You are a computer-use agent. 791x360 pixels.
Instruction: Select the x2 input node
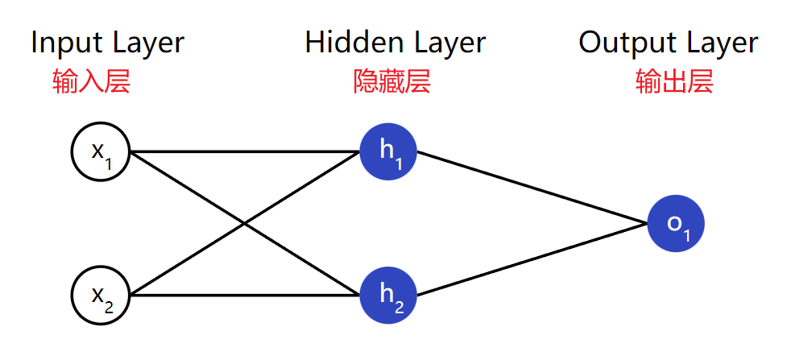[x=101, y=296]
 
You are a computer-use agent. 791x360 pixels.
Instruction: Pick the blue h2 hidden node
[x=388, y=296]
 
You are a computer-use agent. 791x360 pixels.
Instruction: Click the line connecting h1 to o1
[x=532, y=187]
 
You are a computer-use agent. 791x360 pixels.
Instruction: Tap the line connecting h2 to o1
[x=532, y=259]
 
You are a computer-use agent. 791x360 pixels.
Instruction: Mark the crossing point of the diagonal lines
[x=245, y=223]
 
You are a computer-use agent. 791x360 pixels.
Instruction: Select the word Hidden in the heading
[x=350, y=43]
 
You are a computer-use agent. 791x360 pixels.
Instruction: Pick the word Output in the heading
[x=625, y=43]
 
